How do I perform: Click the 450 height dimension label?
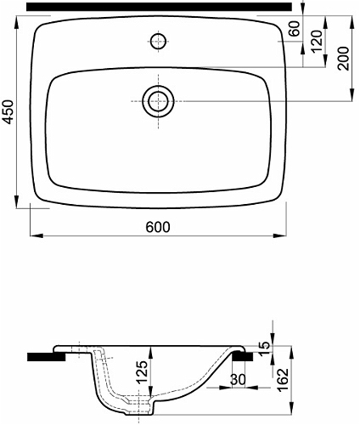(x=9, y=112)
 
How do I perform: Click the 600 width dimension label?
(x=158, y=227)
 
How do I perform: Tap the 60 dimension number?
(x=295, y=28)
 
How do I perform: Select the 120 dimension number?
(x=317, y=41)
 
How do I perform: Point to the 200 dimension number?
(x=343, y=59)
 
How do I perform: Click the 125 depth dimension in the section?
(x=143, y=371)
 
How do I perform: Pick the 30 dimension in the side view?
(x=238, y=380)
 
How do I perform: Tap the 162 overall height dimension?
(x=283, y=379)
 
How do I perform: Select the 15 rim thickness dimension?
(x=265, y=345)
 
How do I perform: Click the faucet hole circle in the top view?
(x=158, y=41)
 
